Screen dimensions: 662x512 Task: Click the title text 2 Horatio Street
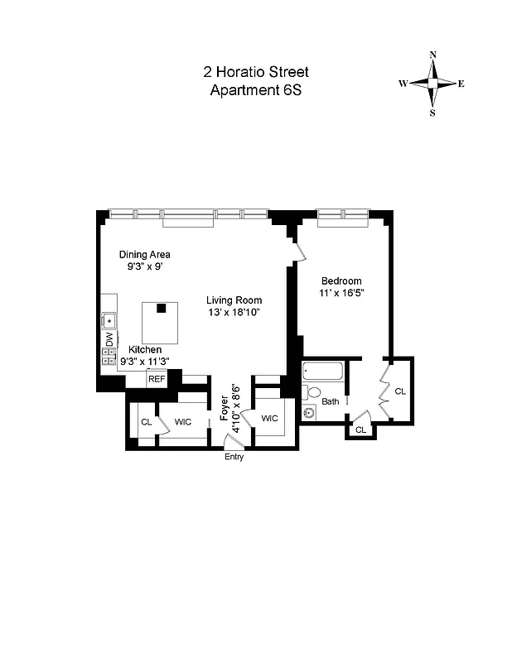click(256, 73)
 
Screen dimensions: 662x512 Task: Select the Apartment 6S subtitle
click(256, 90)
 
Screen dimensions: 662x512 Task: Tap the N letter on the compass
click(432, 55)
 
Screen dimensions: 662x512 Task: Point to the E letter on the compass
click(461, 84)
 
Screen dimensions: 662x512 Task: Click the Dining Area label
click(144, 255)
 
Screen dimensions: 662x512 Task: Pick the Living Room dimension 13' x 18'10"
click(234, 312)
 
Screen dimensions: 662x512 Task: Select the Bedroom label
click(341, 281)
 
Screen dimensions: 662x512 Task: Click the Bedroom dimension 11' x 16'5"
click(341, 293)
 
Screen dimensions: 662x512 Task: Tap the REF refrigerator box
click(156, 378)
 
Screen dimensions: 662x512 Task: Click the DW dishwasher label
click(109, 338)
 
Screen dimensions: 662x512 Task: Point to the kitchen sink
click(109, 319)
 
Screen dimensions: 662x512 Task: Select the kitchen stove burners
click(109, 357)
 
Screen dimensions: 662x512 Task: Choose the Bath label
click(331, 402)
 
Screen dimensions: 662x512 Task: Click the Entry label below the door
click(234, 458)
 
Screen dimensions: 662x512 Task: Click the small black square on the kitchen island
click(162, 308)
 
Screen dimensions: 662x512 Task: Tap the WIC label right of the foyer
click(270, 419)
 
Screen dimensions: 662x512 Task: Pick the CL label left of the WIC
click(146, 422)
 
